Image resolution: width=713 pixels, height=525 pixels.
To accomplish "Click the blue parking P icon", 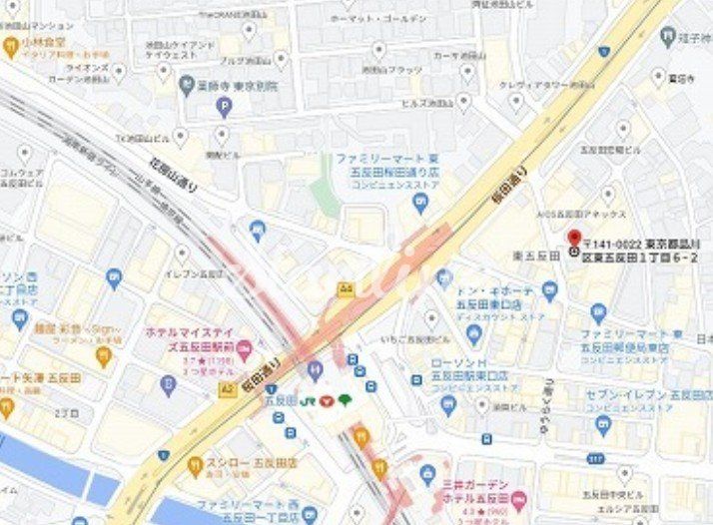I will click(224, 107).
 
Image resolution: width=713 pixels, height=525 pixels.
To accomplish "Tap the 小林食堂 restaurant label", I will click(46, 43).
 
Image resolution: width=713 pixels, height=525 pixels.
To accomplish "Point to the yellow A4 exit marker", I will click(347, 288).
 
